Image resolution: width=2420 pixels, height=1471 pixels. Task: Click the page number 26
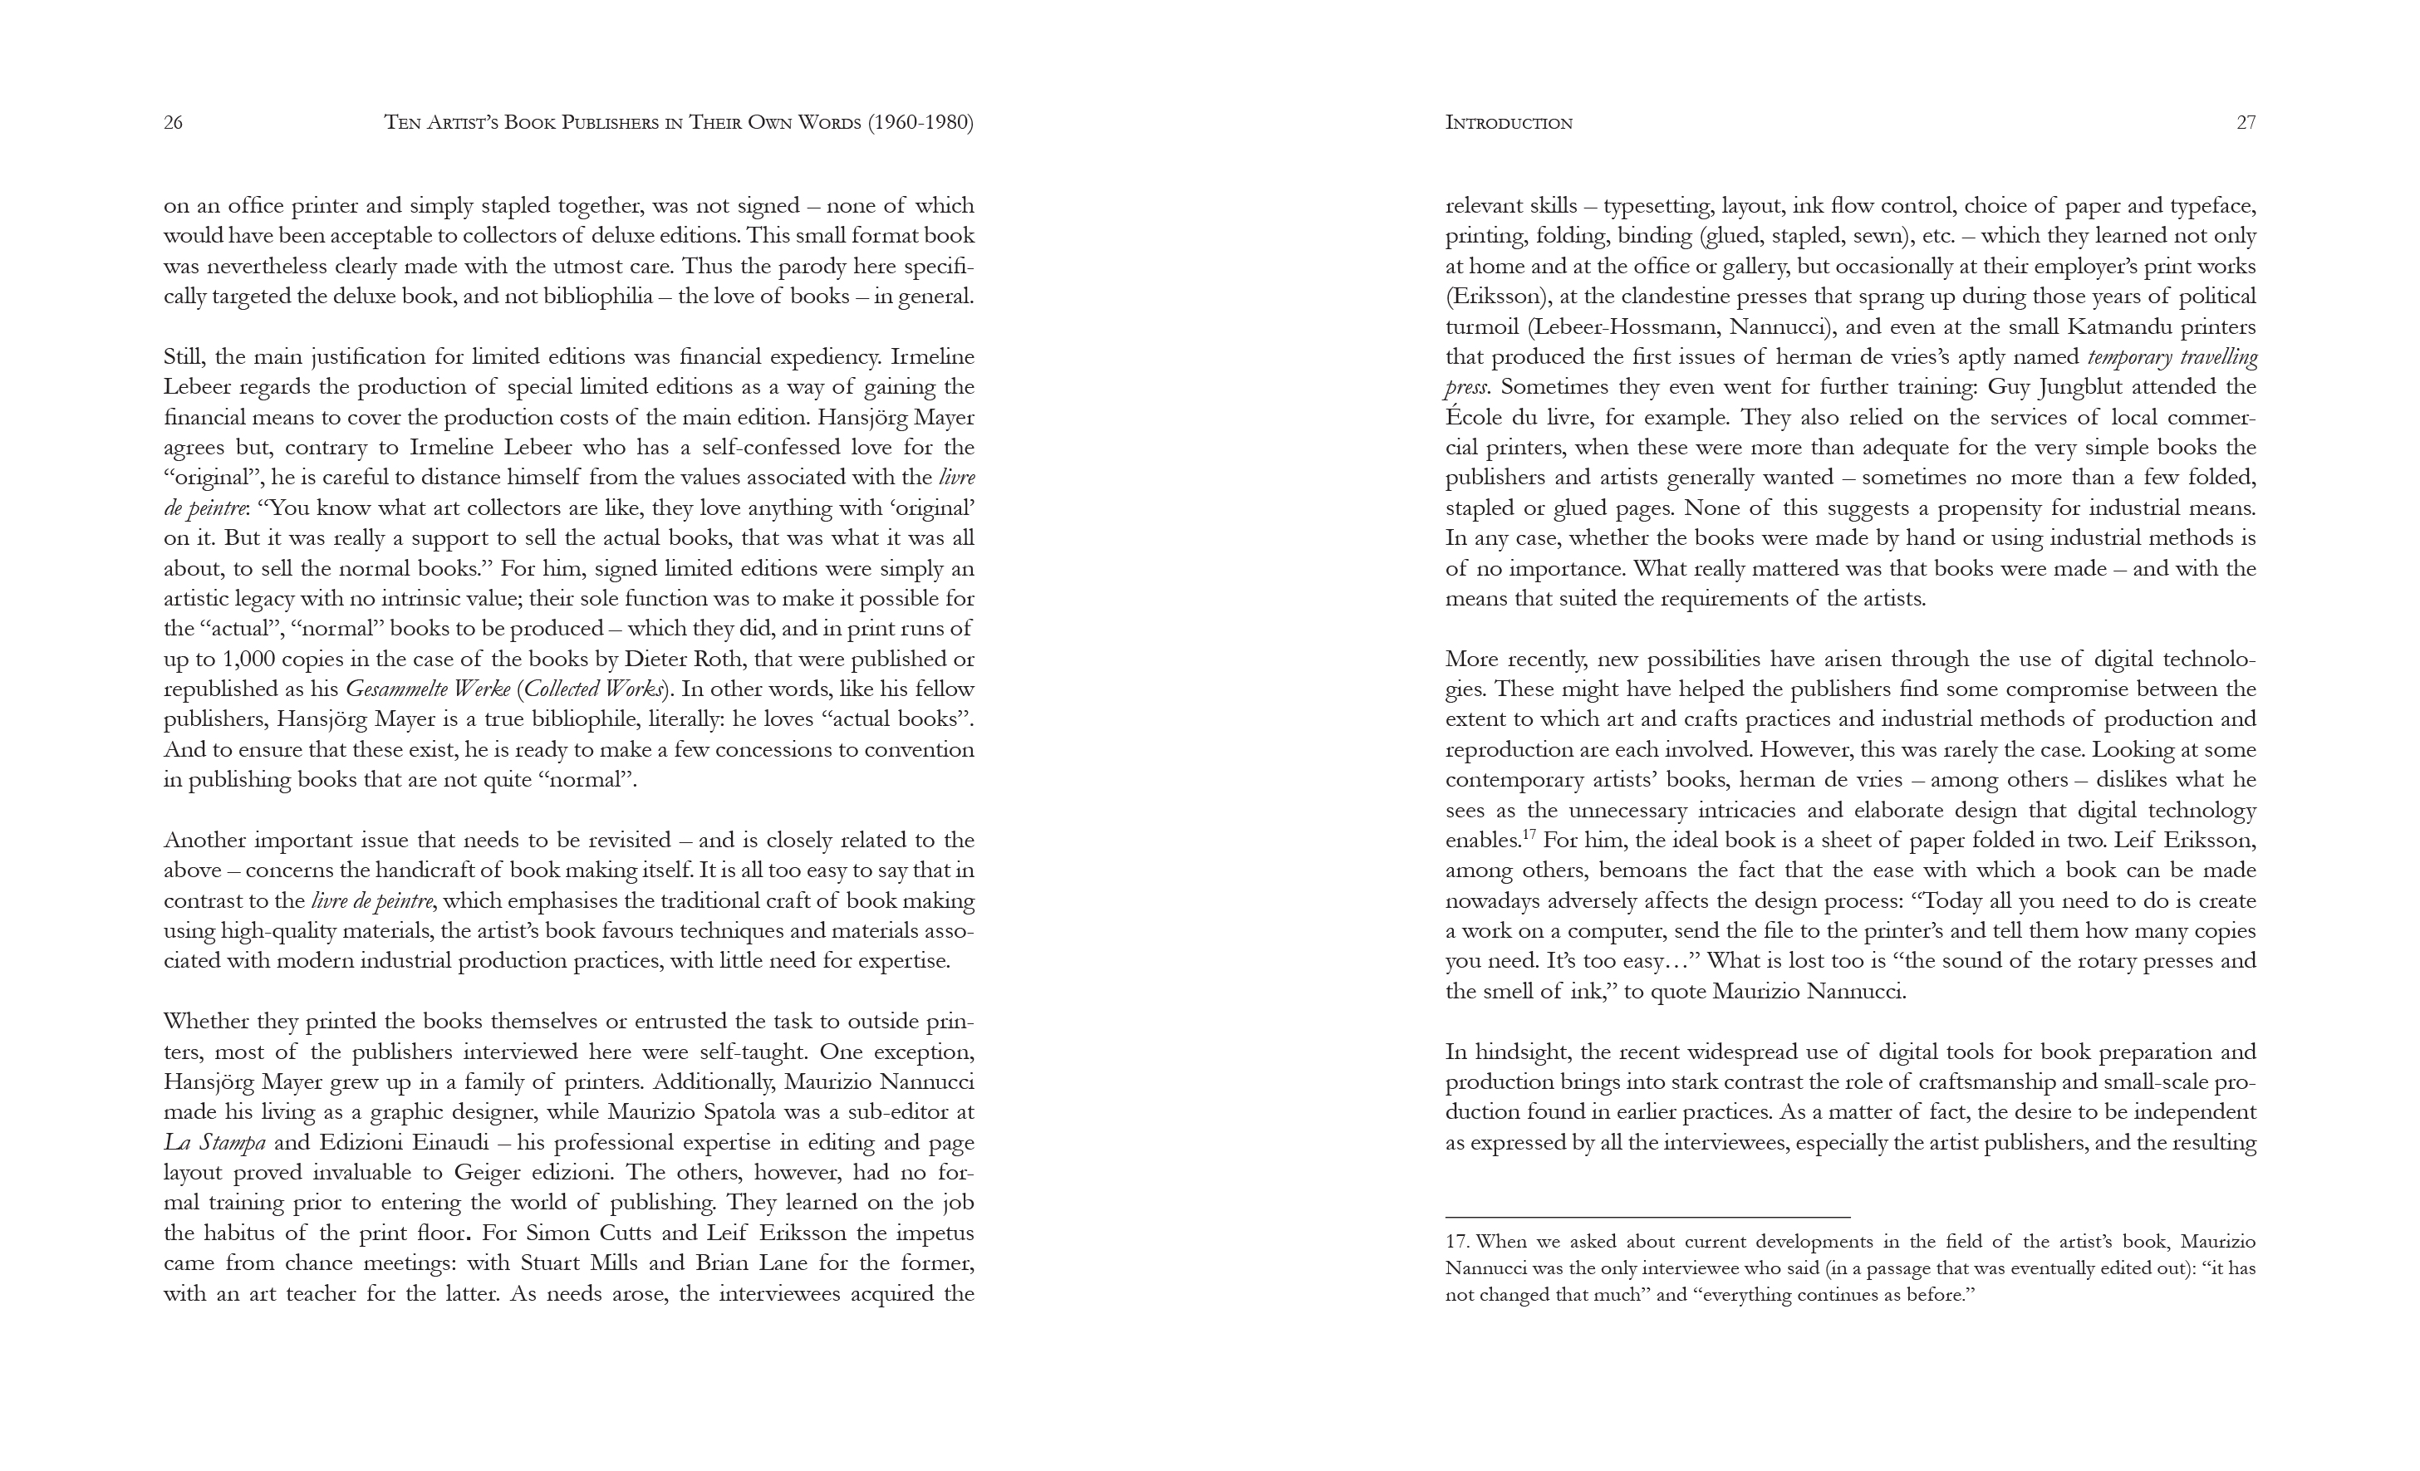click(x=173, y=123)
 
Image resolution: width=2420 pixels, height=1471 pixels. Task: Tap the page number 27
click(x=2246, y=123)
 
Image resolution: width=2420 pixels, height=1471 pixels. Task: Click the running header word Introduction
click(x=1509, y=123)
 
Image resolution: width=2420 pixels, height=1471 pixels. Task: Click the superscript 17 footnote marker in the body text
click(x=1529, y=835)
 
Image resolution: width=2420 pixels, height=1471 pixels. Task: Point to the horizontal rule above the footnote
click(x=1647, y=1218)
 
